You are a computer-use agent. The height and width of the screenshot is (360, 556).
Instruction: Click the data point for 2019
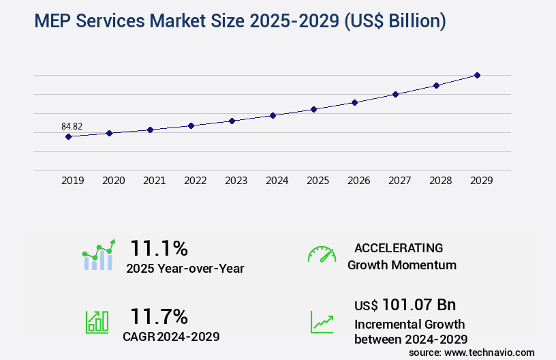pos(68,136)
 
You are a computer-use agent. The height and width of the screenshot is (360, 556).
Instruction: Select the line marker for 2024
pos(273,115)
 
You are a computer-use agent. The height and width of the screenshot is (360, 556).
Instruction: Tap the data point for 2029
pos(477,75)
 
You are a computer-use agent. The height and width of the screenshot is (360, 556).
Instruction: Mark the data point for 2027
pos(395,94)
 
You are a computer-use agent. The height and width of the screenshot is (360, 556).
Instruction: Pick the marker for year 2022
pos(191,125)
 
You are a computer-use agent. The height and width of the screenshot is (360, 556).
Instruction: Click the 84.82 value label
pos(72,126)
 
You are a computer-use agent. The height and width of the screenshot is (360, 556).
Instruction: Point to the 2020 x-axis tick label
pos(113,181)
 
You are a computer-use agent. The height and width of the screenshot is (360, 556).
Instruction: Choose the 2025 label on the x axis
pos(318,181)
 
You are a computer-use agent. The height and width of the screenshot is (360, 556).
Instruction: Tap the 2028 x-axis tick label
pos(440,181)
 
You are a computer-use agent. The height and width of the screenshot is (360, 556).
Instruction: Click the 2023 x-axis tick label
pos(236,181)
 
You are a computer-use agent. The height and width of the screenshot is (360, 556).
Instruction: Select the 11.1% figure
pos(159,247)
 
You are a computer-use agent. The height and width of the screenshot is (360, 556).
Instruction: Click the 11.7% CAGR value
pos(159,316)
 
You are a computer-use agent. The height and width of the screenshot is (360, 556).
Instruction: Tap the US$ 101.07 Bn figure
pos(405,304)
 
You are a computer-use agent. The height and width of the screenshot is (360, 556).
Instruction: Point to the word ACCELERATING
pos(399,248)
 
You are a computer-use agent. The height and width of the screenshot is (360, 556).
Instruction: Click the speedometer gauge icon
pos(322,254)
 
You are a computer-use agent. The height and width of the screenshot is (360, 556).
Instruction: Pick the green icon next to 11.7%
pos(97,321)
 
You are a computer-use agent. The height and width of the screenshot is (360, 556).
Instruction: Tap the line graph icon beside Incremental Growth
pos(322,322)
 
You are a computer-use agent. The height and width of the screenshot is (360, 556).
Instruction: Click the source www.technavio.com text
pos(472,352)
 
